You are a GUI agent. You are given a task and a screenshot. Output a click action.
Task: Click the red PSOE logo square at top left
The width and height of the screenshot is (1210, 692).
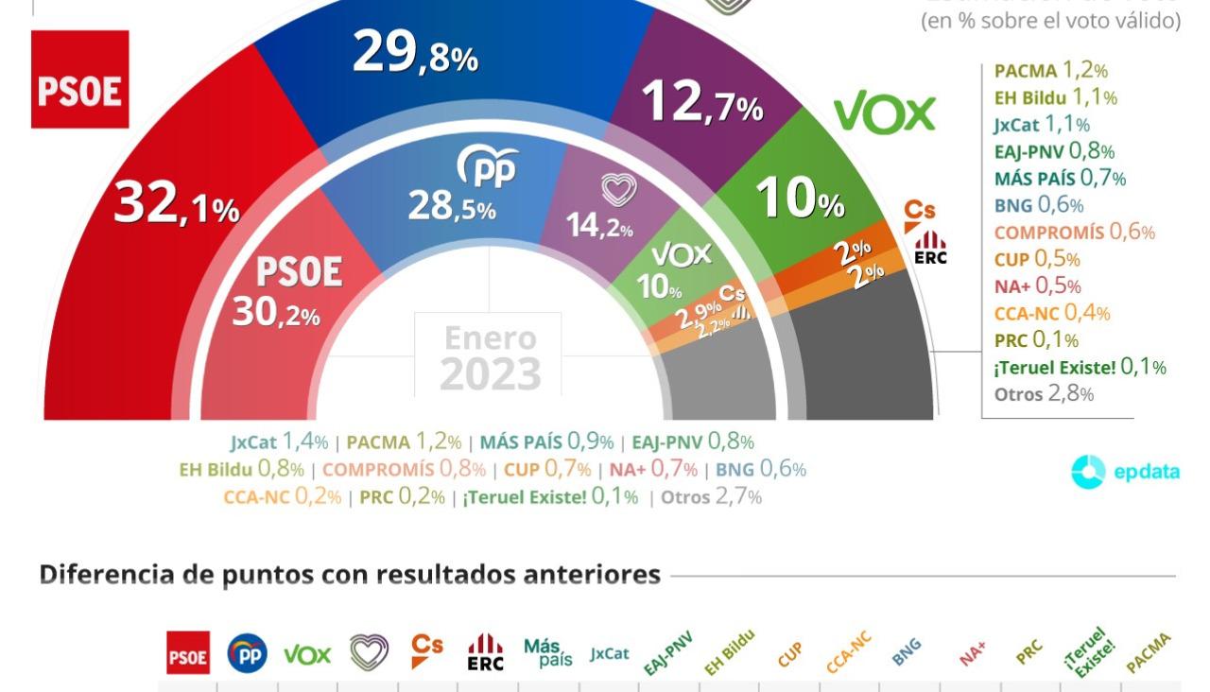pos(79,79)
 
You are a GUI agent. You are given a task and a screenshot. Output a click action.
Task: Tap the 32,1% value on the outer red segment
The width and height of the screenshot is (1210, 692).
pos(176,205)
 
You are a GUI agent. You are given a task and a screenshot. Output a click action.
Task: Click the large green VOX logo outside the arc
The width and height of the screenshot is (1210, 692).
pos(884,113)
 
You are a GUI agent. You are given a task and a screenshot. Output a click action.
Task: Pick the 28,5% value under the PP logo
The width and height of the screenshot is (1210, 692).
pos(451,206)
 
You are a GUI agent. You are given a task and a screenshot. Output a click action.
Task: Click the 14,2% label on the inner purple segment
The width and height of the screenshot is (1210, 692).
pos(599,226)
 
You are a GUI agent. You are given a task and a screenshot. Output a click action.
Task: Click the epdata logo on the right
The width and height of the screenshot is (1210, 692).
pos(1125,472)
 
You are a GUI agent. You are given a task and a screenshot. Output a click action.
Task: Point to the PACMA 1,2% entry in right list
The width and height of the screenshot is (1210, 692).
pos(1050,70)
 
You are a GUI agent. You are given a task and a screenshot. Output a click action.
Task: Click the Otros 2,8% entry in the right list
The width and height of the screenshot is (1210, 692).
pos(1044,394)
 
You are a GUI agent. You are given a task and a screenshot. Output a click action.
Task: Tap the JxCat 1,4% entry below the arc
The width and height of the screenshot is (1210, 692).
pos(279,441)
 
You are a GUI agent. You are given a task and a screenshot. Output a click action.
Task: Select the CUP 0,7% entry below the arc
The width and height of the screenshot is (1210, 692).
pos(546,469)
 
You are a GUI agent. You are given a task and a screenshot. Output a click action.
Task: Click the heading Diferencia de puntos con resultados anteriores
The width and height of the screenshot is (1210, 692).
pos(349,575)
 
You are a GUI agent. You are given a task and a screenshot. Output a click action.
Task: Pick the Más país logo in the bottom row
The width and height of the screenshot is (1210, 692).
pos(547,653)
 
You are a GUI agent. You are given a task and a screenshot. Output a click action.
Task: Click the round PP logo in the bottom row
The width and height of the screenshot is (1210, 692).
pos(247,653)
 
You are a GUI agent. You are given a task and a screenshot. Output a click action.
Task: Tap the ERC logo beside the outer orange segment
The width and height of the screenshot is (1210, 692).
pos(930,248)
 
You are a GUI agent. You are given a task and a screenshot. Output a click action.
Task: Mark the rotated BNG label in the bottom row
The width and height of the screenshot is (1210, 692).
pos(906,652)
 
